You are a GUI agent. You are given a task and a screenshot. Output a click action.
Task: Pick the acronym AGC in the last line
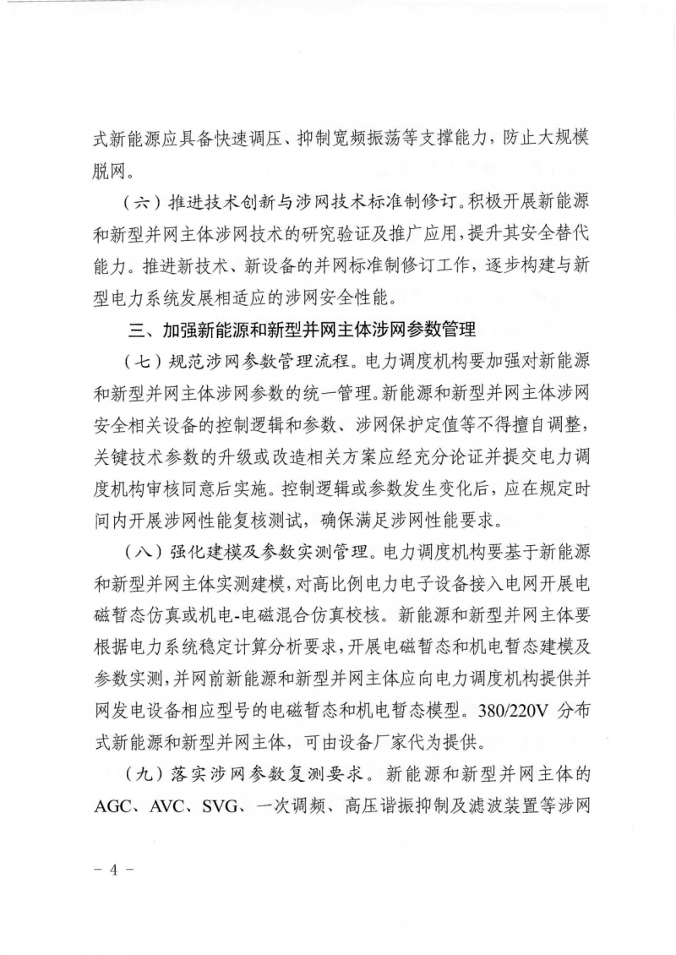click(117, 805)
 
